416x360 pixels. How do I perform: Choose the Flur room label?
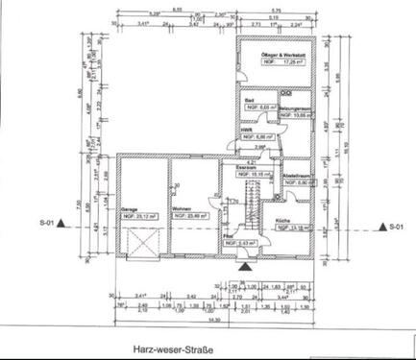228,233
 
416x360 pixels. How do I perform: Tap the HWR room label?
246,130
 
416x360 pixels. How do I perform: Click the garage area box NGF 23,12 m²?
138,217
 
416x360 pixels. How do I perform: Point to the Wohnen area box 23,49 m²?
188,217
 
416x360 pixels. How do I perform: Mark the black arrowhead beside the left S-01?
61,223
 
